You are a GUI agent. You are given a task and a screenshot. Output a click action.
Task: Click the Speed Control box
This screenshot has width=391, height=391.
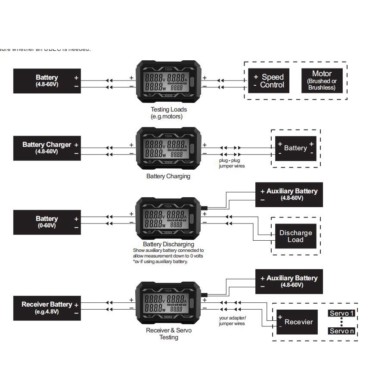[269, 81]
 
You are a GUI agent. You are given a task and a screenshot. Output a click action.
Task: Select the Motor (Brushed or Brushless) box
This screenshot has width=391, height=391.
[322, 81]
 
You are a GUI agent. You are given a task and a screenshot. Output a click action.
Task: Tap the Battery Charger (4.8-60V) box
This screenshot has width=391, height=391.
[47, 148]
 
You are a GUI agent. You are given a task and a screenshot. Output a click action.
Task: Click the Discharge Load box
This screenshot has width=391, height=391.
[295, 236]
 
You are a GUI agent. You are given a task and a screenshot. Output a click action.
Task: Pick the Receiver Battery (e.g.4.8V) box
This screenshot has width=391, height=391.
[47, 307]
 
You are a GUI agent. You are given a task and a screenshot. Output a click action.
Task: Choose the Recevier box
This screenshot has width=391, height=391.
[297, 322]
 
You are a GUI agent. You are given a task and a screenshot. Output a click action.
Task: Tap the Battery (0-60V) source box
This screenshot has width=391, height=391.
[47, 222]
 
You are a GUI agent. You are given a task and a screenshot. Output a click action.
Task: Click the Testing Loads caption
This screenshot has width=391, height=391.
[168, 113]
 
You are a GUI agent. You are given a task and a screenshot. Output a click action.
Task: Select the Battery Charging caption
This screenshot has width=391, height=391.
[168, 176]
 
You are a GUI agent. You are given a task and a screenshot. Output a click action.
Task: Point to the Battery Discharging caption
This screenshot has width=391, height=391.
[168, 244]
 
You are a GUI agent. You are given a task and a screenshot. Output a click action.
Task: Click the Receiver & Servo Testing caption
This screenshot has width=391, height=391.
[168, 334]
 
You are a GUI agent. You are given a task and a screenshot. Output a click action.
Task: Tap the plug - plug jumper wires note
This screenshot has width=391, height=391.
[232, 163]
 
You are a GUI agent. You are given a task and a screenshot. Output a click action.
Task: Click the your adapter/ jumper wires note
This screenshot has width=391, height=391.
[232, 320]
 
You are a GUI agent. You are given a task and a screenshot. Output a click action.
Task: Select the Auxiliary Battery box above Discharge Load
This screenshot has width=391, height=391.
[289, 194]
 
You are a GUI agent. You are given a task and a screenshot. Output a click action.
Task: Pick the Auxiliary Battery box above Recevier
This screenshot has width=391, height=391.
[289, 282]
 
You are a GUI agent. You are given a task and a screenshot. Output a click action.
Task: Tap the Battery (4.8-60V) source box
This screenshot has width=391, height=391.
[47, 81]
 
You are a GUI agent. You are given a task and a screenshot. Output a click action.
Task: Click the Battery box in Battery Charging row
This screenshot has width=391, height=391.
[295, 148]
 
